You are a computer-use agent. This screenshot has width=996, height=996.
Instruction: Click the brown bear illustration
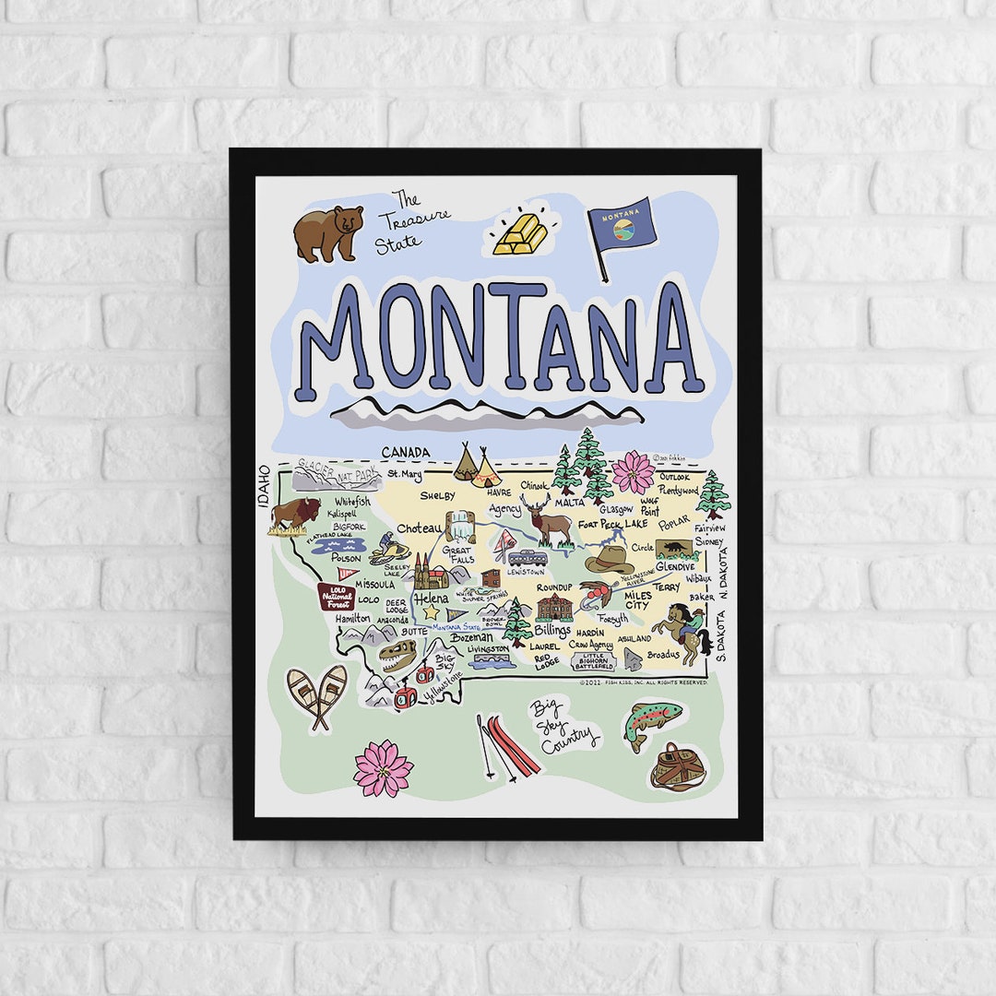[328, 232]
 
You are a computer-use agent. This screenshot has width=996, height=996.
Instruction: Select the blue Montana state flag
[623, 224]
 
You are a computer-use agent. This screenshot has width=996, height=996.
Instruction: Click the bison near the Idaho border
[294, 515]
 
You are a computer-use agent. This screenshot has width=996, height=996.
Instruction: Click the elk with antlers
[548, 521]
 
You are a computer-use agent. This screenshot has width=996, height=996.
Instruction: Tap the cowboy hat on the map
[610, 560]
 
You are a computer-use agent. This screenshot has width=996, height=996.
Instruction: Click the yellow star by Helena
[431, 611]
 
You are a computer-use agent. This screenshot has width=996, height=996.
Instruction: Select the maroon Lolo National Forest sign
[337, 597]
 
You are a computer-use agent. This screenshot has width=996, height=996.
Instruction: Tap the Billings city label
[552, 630]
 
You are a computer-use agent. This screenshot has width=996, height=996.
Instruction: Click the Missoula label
[375, 584]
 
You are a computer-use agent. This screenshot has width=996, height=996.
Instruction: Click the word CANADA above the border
[407, 452]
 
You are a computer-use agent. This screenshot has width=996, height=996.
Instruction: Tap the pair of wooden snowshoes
[316, 695]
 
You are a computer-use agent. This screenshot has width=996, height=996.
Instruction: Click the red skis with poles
[508, 745]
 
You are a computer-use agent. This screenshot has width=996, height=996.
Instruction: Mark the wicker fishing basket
[678, 767]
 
